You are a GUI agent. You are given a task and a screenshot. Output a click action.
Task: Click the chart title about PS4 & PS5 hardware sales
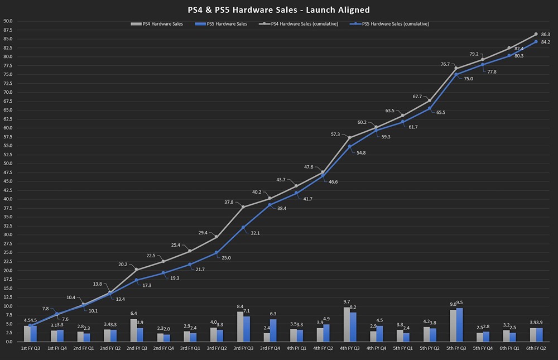pos(278,10)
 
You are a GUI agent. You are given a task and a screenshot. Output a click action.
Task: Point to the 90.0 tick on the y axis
pos(8,21)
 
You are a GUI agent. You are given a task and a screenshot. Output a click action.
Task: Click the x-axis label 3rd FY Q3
pos(243,348)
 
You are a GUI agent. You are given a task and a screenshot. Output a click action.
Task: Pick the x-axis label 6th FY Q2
pos(536,348)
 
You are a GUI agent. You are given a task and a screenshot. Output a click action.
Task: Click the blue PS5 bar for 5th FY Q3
pos(459,324)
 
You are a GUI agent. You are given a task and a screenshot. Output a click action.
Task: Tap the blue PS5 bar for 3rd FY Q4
pos(273,330)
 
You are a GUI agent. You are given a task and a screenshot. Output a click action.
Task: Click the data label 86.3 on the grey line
pos(546,34)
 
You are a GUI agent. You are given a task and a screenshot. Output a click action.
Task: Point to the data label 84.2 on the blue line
pos(546,42)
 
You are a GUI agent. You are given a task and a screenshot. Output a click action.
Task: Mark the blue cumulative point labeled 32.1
pos(243,227)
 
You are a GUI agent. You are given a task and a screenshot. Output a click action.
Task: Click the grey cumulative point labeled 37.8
pos(243,207)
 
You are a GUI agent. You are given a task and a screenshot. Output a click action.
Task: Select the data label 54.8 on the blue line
pos(361,152)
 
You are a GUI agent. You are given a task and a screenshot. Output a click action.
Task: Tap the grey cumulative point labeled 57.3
pos(349,137)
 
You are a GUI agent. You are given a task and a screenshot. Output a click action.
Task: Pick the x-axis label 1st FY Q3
pos(31,348)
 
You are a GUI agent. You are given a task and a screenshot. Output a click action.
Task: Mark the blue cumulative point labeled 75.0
pos(456,74)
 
